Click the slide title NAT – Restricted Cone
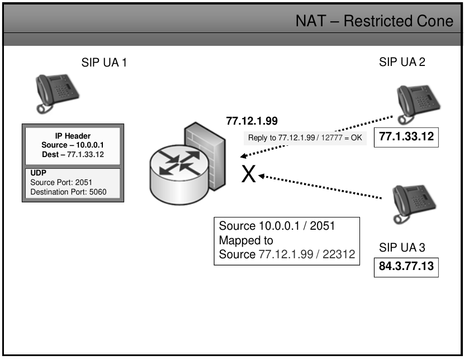(375, 21)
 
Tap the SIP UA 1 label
(105, 63)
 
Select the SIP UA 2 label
(402, 62)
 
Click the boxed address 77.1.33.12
(406, 136)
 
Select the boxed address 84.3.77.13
(405, 266)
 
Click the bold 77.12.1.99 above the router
(252, 120)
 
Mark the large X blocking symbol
(249, 175)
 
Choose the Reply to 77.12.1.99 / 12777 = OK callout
(305, 138)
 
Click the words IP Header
(72, 136)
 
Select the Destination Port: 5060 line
(69, 192)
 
